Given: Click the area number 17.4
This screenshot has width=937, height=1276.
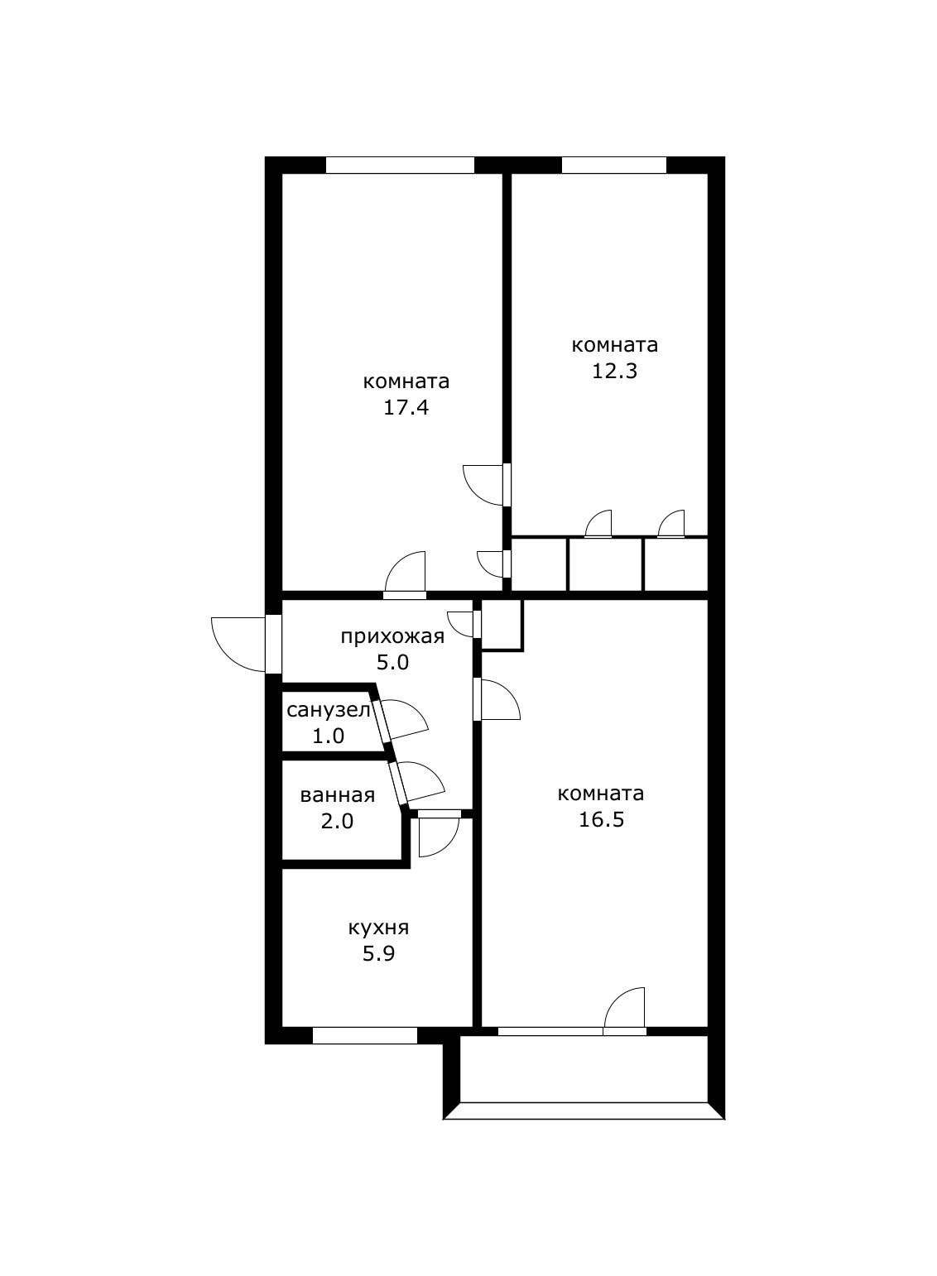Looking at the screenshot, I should (406, 408).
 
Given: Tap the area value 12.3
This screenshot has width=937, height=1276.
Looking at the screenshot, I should (614, 371).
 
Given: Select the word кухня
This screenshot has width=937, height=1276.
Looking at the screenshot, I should (378, 928).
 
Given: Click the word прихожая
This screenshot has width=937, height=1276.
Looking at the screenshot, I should (392, 636).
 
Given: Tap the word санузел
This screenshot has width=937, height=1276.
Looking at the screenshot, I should (329, 709).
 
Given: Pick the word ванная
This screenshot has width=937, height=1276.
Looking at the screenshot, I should (337, 795).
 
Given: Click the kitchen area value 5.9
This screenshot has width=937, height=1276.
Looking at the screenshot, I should (378, 954).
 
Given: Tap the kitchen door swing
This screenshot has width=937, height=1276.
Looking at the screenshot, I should (437, 837).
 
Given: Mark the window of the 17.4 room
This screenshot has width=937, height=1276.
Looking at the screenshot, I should (400, 165).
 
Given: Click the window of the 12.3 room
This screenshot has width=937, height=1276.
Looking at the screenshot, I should (613, 165).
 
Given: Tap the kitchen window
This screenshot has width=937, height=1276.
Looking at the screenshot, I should (364, 1035).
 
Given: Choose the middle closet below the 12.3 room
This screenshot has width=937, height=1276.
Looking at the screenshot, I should (605, 565).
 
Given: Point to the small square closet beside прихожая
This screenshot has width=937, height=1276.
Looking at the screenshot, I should (502, 623).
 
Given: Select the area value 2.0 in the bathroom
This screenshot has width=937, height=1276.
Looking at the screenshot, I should (337, 822).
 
